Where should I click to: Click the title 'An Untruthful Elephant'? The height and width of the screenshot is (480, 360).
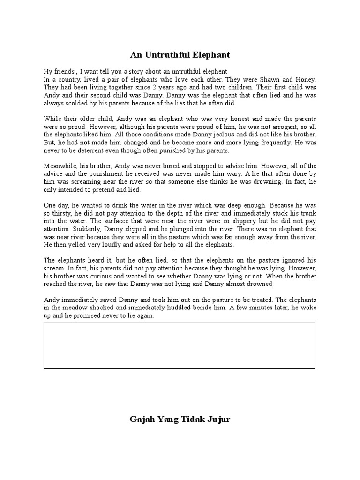tap(180, 55)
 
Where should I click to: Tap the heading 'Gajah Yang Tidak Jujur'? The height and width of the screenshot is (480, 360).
tap(180, 419)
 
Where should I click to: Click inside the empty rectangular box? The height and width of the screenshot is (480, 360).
tap(180, 345)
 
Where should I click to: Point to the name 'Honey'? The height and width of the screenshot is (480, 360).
tap(305, 80)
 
